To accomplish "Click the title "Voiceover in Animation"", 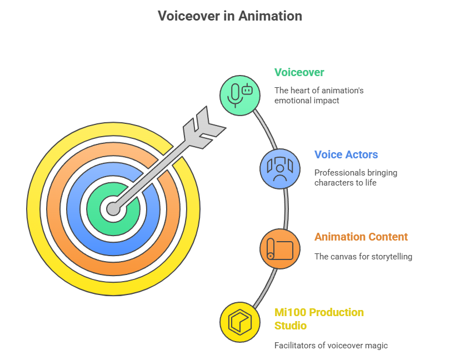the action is point(230,16).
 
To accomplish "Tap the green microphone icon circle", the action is point(240,96).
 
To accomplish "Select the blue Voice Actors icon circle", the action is point(280,169).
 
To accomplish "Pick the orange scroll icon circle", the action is point(280,249).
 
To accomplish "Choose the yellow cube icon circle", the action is point(240,322).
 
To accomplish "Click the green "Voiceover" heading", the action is point(299,72).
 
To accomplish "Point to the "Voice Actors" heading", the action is point(346,154).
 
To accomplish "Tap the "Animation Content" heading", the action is point(361,237).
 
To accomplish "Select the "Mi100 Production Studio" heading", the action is point(319,319).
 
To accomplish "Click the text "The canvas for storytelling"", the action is point(363,257).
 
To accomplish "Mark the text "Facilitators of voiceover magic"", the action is point(331,346).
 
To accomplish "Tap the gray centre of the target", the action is point(113,209).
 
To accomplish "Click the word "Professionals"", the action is point(334,173).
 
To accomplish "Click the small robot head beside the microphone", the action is point(248,89).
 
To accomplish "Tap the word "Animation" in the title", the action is point(270,16).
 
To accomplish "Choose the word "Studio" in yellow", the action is point(291,326).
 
